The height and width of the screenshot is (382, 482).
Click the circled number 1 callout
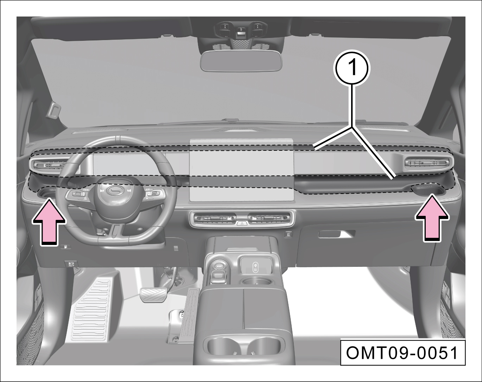(353, 67)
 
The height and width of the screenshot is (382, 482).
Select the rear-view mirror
(241, 61)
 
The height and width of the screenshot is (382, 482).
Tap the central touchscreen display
(241, 170)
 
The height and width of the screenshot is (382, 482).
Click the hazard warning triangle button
(242, 223)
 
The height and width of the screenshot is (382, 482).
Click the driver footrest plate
(91, 309)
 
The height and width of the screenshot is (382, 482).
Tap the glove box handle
(337, 234)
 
